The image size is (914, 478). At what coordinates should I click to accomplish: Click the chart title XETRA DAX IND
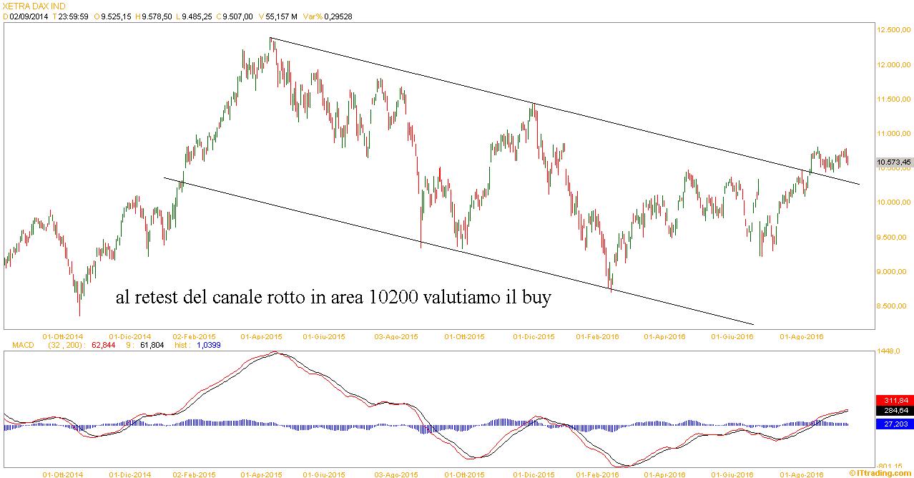pos(33,6)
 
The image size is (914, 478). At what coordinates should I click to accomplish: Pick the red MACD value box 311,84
pos(893,400)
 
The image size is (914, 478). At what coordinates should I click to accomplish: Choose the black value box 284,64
pos(893,411)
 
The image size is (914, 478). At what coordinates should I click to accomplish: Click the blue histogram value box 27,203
pos(893,424)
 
